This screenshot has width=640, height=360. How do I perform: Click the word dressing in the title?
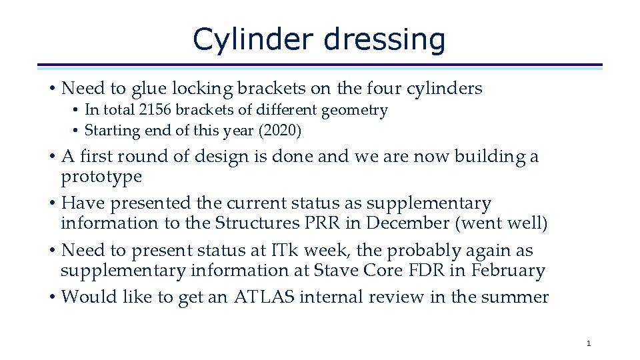coord(385,39)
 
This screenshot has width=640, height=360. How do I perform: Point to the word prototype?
coord(101,177)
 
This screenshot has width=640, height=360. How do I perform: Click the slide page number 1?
coord(588,343)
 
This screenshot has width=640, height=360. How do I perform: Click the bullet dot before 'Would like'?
coord(52,297)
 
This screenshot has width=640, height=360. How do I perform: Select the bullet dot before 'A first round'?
coord(52,157)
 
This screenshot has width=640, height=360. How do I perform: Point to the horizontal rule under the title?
coord(320,66)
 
